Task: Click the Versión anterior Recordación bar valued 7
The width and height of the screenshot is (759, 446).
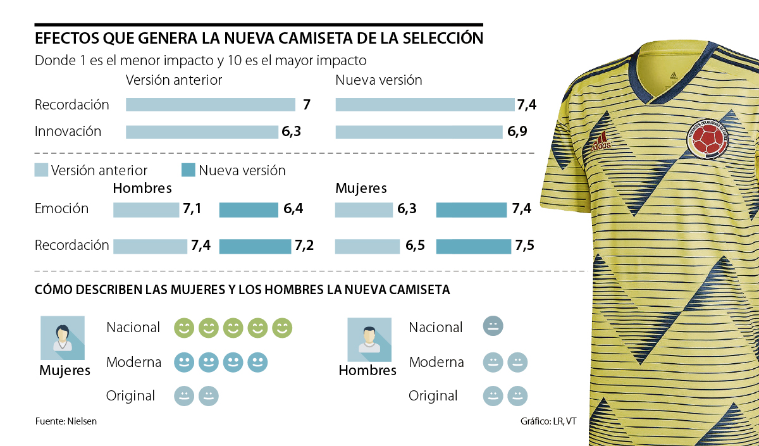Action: (x=211, y=105)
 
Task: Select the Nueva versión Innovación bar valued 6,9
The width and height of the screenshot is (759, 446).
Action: (x=419, y=132)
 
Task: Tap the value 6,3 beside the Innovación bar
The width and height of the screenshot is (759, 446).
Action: (x=291, y=132)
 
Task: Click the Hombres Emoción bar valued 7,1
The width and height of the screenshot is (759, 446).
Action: (x=146, y=210)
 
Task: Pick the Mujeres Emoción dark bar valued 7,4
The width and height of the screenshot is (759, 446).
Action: (x=471, y=210)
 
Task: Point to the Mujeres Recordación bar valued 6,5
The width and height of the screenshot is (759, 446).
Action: (x=367, y=246)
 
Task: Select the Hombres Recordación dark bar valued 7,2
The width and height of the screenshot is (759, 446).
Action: (x=255, y=246)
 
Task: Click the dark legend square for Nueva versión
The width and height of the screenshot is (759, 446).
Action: (x=188, y=170)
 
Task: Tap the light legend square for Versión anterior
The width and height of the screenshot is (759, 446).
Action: (x=41, y=170)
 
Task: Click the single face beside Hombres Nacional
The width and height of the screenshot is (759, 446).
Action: (x=492, y=327)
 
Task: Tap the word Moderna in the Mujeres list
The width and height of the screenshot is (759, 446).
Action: (x=133, y=362)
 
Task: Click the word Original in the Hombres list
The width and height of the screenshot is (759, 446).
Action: (x=433, y=396)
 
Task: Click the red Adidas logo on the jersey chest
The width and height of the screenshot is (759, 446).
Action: (x=602, y=142)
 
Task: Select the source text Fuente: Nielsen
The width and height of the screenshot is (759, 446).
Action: (x=66, y=421)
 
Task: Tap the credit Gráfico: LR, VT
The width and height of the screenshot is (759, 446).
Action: (x=548, y=421)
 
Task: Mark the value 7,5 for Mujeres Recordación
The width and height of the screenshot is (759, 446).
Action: (x=524, y=246)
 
